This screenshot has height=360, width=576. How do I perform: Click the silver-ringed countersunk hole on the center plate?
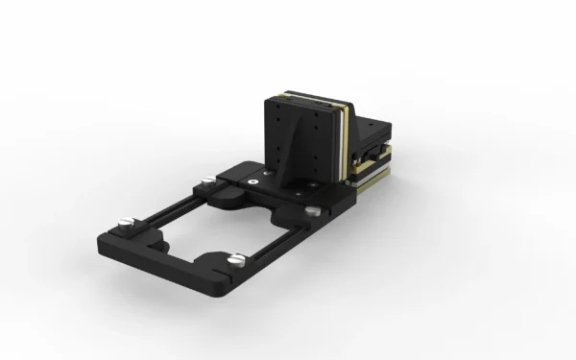click(x=251, y=179)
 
